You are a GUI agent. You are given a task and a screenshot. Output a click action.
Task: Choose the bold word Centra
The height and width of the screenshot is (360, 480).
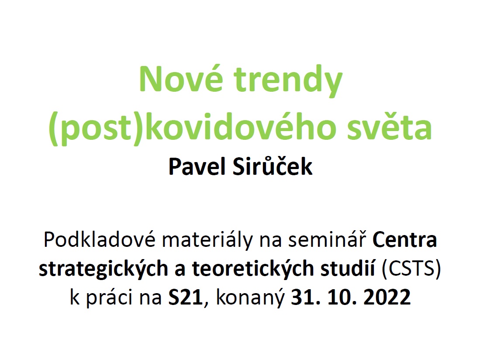click(x=405, y=240)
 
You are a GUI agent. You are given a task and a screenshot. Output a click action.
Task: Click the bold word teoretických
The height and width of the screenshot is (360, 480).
click(x=253, y=269)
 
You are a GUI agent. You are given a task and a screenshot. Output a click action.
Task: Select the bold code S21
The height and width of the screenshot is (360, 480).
click(x=186, y=297)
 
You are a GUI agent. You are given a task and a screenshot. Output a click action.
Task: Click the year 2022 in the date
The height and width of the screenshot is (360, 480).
click(x=387, y=297)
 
